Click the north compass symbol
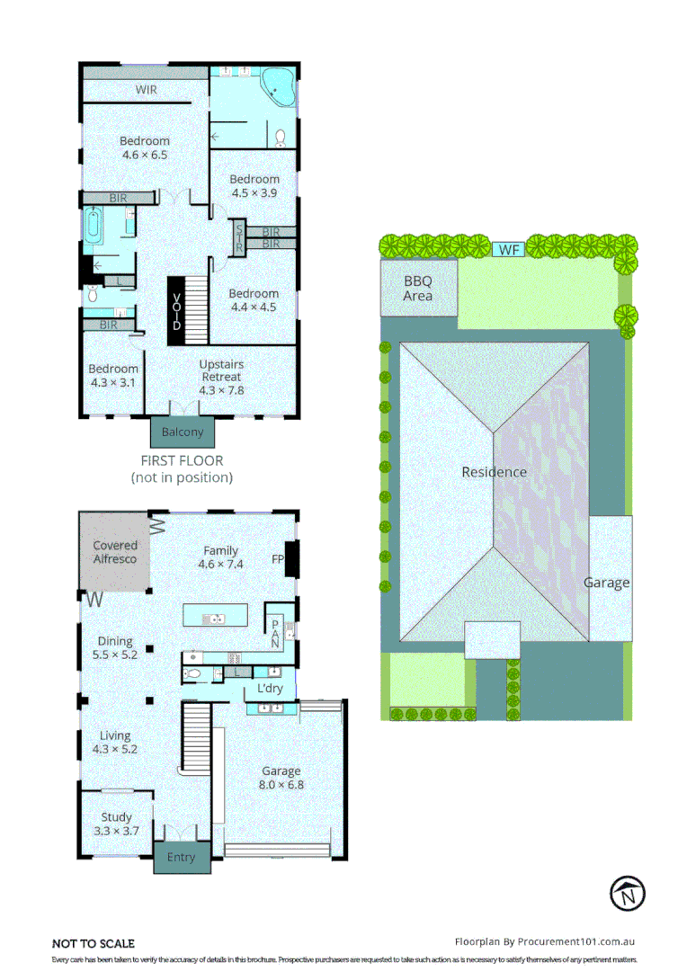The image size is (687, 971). click(x=628, y=895)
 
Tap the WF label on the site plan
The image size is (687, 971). click(x=510, y=249)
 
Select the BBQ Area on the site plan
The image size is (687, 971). click(x=418, y=288)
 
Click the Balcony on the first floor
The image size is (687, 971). click(x=183, y=432)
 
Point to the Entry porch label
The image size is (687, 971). click(x=181, y=857)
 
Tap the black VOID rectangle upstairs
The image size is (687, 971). click(x=176, y=311)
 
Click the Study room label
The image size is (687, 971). click(x=116, y=817)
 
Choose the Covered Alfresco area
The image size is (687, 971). click(x=116, y=552)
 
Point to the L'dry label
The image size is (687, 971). click(x=270, y=689)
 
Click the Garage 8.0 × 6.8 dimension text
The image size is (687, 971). click(x=281, y=785)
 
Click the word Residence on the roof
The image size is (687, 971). click(x=494, y=472)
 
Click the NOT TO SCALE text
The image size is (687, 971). click(x=94, y=943)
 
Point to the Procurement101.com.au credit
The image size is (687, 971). click(x=546, y=941)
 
